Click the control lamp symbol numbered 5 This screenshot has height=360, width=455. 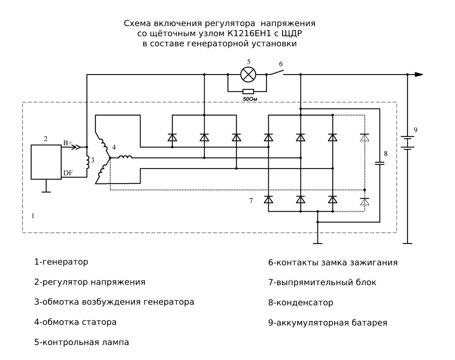point(248,75)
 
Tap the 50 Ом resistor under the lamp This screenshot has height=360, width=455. point(248,92)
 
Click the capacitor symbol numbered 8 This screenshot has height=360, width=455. point(380,163)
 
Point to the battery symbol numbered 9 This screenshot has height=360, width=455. point(407,142)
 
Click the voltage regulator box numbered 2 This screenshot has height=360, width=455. point(46,162)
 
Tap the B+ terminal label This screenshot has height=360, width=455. point(68,143)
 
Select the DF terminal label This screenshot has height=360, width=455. point(68,173)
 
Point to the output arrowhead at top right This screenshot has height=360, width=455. point(418,75)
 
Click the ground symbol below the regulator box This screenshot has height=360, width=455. point(46,191)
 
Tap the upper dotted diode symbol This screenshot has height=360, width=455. point(364,138)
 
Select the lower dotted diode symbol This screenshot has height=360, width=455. point(364,201)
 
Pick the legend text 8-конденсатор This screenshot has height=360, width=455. point(300,303)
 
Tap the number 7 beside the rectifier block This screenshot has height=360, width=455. point(251,201)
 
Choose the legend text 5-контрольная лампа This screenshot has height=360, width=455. point(81,342)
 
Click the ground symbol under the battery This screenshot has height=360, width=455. point(407,243)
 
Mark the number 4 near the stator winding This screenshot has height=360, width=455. point(114,148)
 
